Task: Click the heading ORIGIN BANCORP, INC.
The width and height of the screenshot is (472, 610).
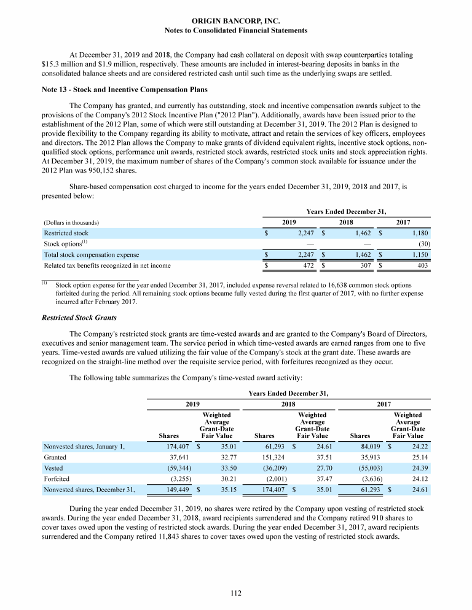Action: pyautogui.click(x=236, y=21)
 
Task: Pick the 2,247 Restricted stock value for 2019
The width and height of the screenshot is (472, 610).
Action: pyautogui.click(x=305, y=233)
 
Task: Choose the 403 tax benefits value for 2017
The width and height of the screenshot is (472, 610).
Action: pyautogui.click(x=422, y=265)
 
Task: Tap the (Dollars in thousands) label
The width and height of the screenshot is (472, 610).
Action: pyautogui.click(x=71, y=222)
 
